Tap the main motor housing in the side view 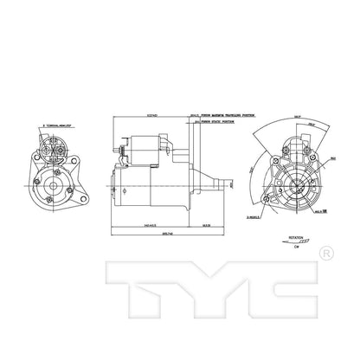coord(143,186)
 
